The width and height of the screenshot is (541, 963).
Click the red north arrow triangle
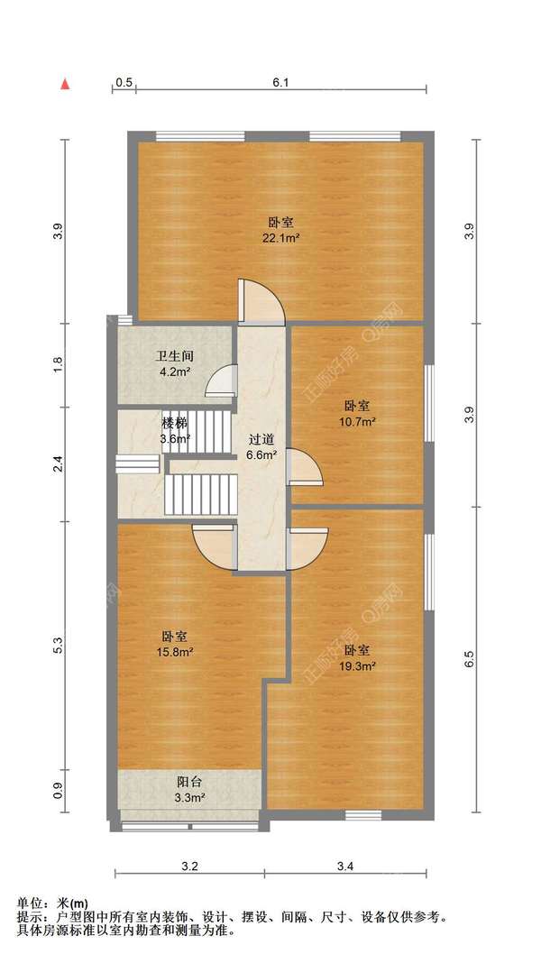pos(65,84)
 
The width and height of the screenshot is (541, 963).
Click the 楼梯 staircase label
pos(174,423)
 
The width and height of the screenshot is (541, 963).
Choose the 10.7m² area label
pos(357,421)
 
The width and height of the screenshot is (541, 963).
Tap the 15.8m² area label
pos(176,652)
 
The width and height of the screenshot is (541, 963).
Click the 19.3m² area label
pos(357,665)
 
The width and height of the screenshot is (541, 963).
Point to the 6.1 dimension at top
pos(280,83)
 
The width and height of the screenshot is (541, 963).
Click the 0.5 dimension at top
pos(124,83)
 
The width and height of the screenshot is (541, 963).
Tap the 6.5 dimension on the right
pos(469,658)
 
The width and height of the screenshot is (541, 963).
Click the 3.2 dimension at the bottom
pos(189,867)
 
